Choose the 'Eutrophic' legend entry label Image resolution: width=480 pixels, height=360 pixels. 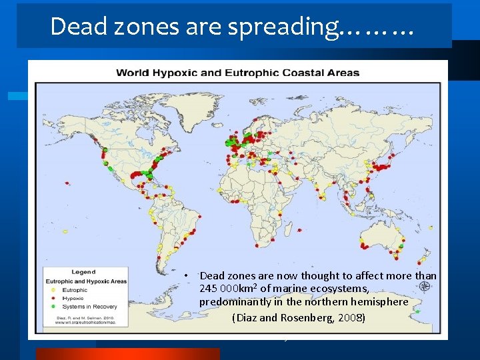(75, 290)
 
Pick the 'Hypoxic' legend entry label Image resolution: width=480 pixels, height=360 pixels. (73, 298)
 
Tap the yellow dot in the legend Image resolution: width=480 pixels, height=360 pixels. (53, 290)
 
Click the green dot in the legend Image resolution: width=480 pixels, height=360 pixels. (53, 306)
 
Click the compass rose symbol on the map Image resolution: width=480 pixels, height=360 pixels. (424, 287)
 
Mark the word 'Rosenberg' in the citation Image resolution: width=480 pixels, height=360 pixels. (304, 317)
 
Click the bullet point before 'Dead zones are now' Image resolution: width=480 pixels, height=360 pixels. (189, 275)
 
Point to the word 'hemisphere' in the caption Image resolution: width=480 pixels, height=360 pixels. (381, 302)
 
